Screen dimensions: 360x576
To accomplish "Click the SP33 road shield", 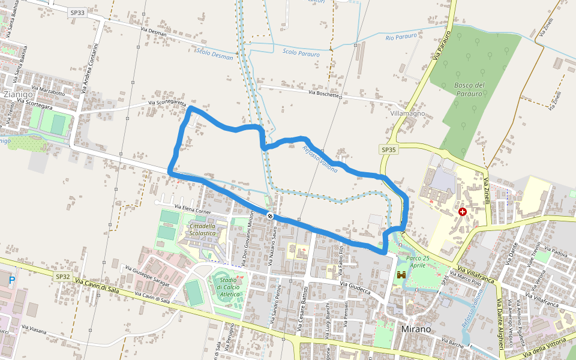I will (x=77, y=12).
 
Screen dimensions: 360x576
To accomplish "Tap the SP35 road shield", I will (x=389, y=149).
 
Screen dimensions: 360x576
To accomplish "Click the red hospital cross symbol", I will (x=463, y=212).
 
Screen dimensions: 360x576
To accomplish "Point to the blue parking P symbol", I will (x=11, y=280).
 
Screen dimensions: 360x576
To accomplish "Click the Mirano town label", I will (x=415, y=329).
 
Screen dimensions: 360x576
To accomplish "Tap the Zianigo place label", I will (x=18, y=94).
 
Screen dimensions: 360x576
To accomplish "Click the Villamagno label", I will (x=407, y=113).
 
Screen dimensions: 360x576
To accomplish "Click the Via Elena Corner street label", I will (x=194, y=209).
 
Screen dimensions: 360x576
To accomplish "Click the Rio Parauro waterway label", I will (x=402, y=38).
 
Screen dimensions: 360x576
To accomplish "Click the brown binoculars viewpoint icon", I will (x=401, y=275).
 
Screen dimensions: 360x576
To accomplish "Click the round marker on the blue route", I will (x=271, y=215).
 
